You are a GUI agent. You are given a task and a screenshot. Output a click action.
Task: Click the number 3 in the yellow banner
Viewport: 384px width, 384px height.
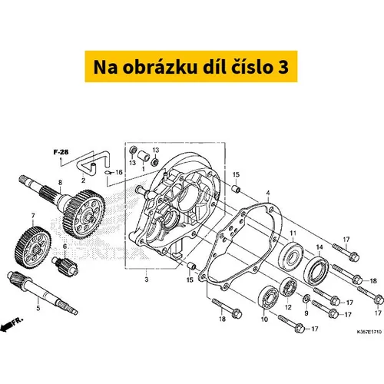(x=283, y=67)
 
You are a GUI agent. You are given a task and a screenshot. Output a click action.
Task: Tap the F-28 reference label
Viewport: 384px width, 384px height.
(x=61, y=152)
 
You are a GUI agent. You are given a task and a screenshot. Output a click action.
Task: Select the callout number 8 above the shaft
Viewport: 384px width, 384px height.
(x=60, y=183)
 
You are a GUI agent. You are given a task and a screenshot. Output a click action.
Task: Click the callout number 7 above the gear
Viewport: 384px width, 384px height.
(x=33, y=217)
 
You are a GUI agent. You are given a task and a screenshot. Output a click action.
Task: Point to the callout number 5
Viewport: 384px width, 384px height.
(x=38, y=308)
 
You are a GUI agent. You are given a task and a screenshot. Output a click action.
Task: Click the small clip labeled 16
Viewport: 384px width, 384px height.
(x=108, y=173)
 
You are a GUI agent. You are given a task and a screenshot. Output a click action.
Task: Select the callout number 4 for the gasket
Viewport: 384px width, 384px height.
(x=268, y=193)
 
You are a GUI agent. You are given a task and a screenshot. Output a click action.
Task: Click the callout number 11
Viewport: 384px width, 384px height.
(x=293, y=233)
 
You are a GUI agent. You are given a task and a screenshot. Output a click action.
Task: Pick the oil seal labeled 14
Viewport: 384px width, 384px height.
(x=316, y=272)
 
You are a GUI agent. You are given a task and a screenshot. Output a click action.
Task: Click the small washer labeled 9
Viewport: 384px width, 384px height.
(x=306, y=299)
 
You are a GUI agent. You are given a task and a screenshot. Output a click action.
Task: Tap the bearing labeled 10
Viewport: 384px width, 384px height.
(x=268, y=298)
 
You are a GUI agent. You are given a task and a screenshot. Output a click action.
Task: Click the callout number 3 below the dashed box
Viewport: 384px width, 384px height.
(x=147, y=280)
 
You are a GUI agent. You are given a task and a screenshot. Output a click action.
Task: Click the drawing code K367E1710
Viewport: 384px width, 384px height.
(x=369, y=332)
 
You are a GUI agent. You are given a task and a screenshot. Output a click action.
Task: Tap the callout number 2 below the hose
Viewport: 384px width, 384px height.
(x=83, y=180)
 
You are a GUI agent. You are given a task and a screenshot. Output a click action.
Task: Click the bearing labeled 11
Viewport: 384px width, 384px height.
(x=291, y=257)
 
